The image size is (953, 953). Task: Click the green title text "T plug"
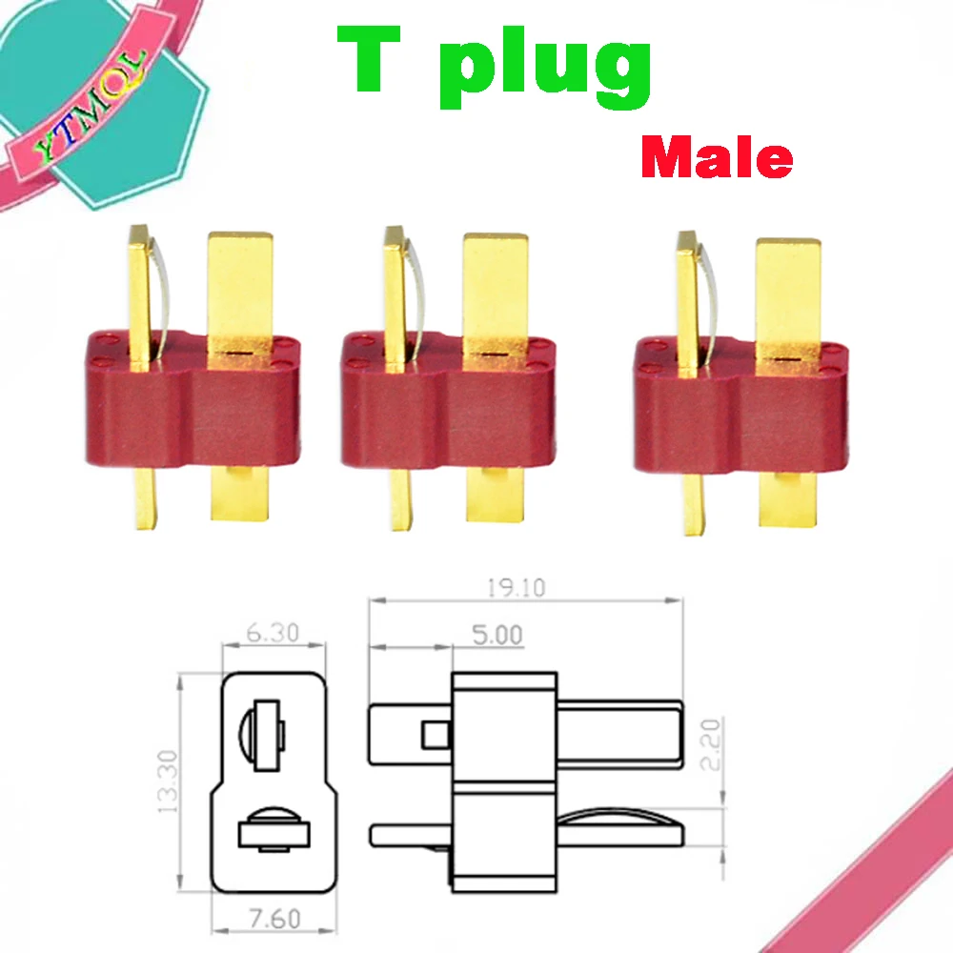pyautogui.click(x=494, y=62)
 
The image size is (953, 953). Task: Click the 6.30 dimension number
pyautogui.click(x=272, y=632)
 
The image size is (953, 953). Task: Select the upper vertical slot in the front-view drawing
pyautogui.click(x=267, y=734)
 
